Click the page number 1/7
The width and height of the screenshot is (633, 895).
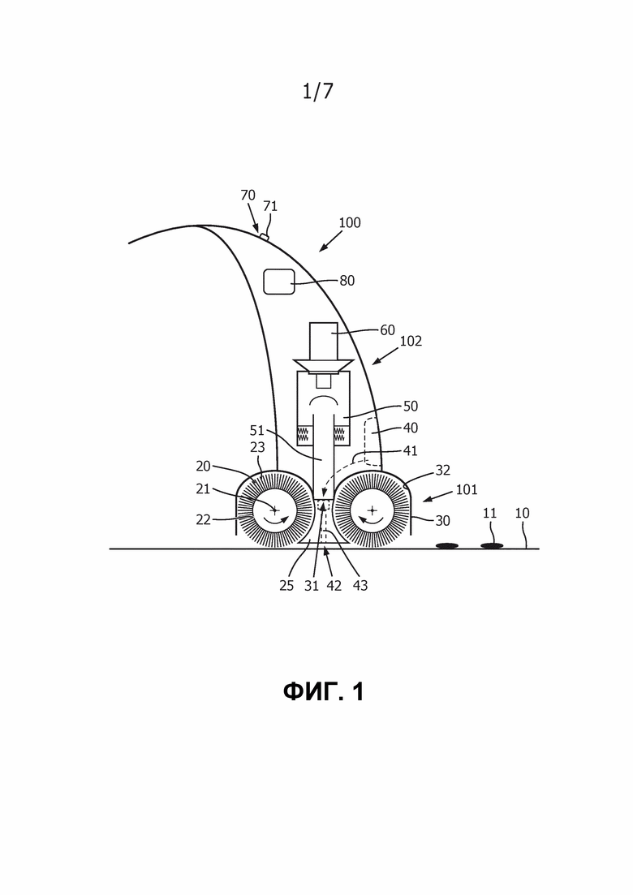(317, 91)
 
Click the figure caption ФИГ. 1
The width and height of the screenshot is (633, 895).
(324, 692)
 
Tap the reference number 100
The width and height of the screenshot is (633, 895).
(349, 222)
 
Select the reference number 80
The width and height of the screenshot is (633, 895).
(347, 281)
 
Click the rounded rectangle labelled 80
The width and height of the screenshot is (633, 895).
(278, 281)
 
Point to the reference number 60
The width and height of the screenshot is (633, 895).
(387, 330)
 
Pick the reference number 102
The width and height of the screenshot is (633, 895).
(410, 342)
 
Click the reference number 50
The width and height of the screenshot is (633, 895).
(411, 406)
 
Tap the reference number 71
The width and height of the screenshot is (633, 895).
(270, 206)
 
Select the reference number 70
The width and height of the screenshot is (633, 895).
(248, 196)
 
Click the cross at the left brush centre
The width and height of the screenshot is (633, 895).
(274, 510)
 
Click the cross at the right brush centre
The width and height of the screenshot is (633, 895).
(372, 510)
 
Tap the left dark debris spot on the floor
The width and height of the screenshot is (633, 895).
(447, 546)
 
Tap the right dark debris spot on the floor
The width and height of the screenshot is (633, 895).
(492, 546)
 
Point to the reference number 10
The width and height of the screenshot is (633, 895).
(522, 513)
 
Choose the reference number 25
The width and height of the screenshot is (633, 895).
(286, 585)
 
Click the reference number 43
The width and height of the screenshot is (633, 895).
(360, 585)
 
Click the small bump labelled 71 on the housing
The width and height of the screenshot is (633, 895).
(265, 237)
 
